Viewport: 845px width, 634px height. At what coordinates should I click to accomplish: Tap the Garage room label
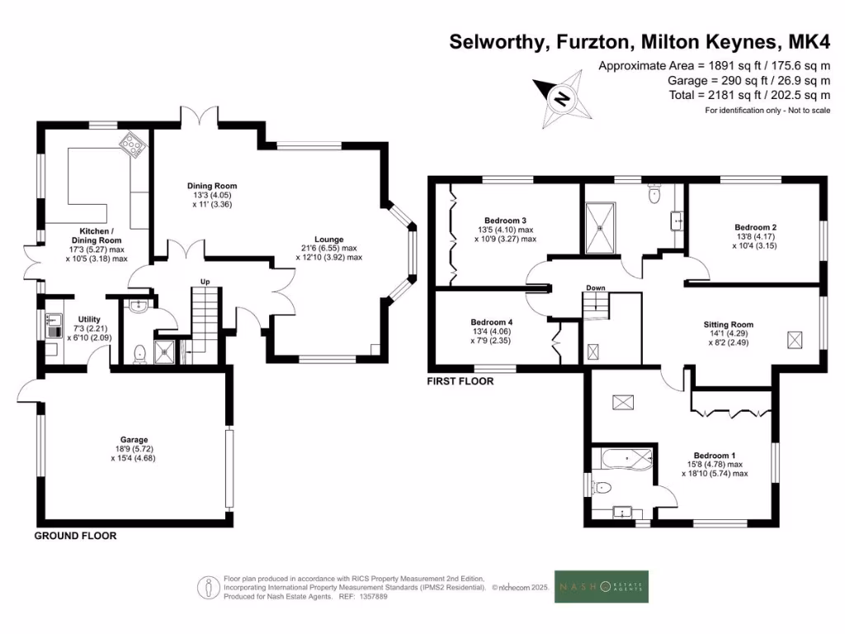click(x=133, y=440)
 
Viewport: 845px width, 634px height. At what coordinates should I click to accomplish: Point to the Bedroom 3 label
click(x=506, y=220)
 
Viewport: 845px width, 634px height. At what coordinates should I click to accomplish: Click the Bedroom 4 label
click(x=491, y=322)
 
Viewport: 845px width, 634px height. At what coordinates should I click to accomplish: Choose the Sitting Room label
click(x=729, y=324)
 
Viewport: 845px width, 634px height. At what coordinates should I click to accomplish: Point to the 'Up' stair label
click(x=205, y=282)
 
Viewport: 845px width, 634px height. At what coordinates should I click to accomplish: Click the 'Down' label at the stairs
click(x=596, y=288)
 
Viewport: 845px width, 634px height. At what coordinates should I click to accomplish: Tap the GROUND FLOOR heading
click(x=75, y=536)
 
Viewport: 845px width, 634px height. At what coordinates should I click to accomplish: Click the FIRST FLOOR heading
click(x=460, y=381)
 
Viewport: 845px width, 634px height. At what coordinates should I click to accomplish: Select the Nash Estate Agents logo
click(x=601, y=587)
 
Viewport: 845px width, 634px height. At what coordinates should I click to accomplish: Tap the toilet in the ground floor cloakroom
click(x=139, y=353)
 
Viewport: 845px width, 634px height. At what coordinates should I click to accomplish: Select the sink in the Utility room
click(x=54, y=319)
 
